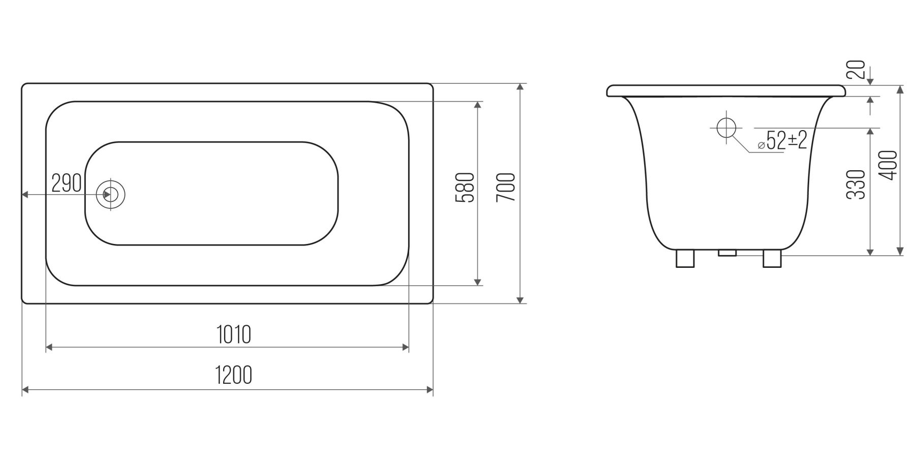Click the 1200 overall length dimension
[x=234, y=375]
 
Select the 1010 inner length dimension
[x=234, y=334]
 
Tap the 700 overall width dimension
[x=507, y=187]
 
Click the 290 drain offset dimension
[x=67, y=183]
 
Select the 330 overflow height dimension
[x=857, y=184]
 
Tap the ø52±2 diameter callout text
[x=783, y=140]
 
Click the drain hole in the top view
[x=110, y=194]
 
